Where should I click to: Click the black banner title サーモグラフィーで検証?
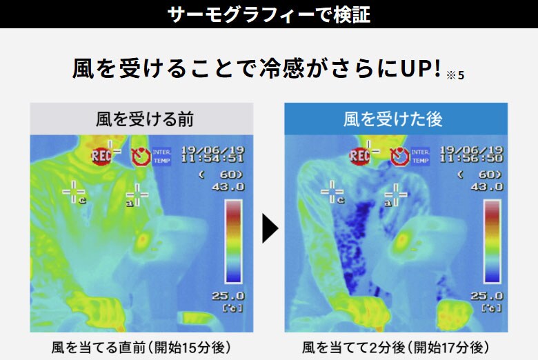pyautogui.click(x=269, y=14)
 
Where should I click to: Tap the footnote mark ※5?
pyautogui.click(x=455, y=74)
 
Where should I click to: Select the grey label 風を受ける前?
pyautogui.click(x=141, y=119)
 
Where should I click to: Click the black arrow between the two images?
pyautogui.click(x=270, y=228)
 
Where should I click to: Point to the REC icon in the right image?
pyautogui.click(x=360, y=156)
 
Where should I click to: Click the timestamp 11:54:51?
pyautogui.click(x=212, y=158)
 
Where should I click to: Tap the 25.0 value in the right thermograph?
pyautogui.click(x=488, y=296)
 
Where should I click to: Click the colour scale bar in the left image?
pyautogui.click(x=233, y=241)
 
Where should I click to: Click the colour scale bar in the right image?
pyautogui.click(x=491, y=241)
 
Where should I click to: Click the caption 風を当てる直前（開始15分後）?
pyautogui.click(x=141, y=346)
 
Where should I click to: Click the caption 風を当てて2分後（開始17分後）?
pyautogui.click(x=396, y=346)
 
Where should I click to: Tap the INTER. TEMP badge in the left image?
pyautogui.click(x=161, y=155)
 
